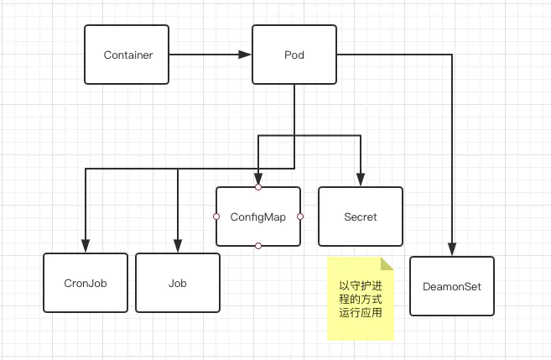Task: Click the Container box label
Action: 128,55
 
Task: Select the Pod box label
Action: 294,55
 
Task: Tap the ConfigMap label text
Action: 258,217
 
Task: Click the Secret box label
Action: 361,217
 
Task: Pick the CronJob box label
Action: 86,284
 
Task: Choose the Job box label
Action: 178,284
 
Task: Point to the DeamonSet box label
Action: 452,286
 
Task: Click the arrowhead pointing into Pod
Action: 245,55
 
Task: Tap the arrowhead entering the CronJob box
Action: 86,246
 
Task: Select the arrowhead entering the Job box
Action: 178,246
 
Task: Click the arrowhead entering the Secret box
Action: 361,180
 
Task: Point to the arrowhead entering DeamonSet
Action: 452,249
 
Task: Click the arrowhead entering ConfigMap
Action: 258,179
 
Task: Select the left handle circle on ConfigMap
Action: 216,217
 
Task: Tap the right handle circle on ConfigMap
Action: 300,217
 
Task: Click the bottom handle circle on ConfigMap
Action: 258,246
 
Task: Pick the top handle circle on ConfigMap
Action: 258,187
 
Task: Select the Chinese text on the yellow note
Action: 361,300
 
